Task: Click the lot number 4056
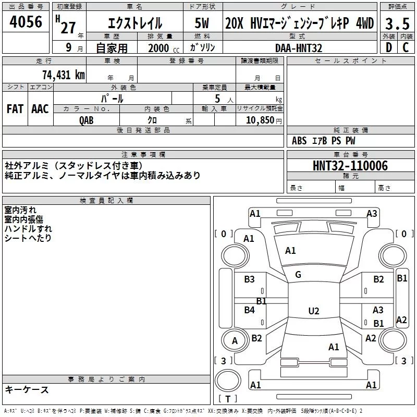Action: click(26, 22)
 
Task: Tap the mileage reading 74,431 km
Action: click(62, 75)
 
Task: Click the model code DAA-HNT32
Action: click(299, 48)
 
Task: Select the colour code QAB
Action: click(87, 119)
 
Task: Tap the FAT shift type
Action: click(15, 108)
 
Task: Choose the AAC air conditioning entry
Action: click(40, 108)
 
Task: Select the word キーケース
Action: click(27, 390)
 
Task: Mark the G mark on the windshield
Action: click(298, 275)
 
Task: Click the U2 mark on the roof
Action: click(313, 311)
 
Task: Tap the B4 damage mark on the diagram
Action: click(249, 310)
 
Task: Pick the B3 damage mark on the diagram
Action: click(249, 279)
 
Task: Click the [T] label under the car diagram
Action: click(227, 399)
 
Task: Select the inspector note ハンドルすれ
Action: click(28, 228)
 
